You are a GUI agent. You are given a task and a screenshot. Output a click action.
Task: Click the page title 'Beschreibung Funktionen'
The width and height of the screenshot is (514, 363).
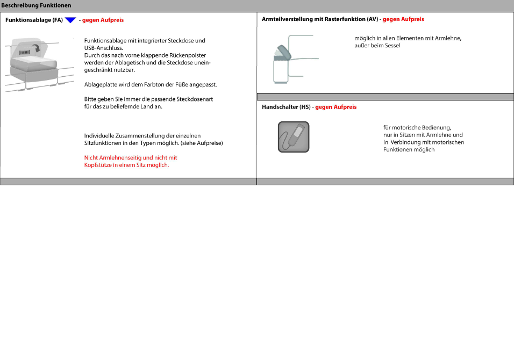37,5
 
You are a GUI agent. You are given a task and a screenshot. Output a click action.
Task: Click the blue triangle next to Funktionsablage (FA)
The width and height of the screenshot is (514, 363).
70,20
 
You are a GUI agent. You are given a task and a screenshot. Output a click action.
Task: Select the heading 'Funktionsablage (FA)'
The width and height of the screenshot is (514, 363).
34,20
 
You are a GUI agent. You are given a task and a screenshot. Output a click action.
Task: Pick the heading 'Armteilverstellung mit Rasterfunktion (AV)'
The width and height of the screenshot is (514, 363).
320,19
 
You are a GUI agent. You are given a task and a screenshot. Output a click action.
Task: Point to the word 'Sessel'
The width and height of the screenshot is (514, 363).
392,46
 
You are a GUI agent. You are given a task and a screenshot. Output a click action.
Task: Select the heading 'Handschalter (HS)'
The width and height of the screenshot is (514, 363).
286,107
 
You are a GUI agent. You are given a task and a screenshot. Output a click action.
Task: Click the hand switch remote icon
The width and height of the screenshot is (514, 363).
294,137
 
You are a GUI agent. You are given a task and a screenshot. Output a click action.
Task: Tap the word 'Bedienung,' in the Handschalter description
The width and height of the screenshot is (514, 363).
434,128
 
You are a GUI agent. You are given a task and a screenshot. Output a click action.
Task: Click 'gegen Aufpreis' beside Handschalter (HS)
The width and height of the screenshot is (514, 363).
336,107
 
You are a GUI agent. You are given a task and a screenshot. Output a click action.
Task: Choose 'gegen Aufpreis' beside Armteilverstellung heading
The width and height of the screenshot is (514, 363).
403,19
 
